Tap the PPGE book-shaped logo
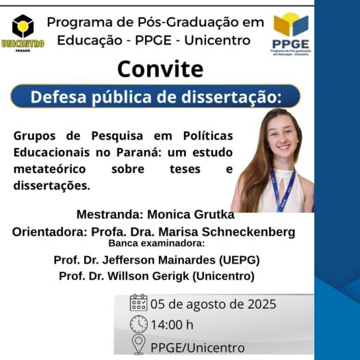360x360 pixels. pyautogui.click(x=291, y=34)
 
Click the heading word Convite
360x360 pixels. pyautogui.click(x=160, y=69)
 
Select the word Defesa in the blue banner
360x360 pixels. pyautogui.click(x=58, y=97)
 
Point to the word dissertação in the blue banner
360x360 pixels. pyautogui.click(x=231, y=97)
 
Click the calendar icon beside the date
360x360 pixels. pyautogui.click(x=138, y=303)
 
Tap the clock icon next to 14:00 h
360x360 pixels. pyautogui.click(x=139, y=324)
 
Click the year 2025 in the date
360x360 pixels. pyautogui.click(x=261, y=304)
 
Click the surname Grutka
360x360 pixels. pyautogui.click(x=214, y=215)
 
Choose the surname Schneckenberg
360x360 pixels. pyautogui.click(x=248, y=232)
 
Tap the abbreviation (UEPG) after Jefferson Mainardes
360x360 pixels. pyautogui.click(x=240, y=260)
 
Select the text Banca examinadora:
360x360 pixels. pyautogui.click(x=156, y=243)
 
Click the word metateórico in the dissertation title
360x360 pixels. pyautogui.click(x=49, y=169)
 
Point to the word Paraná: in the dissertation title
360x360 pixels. pyautogui.click(x=139, y=153)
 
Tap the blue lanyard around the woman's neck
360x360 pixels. pyautogui.click(x=283, y=189)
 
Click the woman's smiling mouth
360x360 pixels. pyautogui.click(x=284, y=147)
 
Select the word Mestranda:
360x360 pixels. pyautogui.click(x=110, y=214)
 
